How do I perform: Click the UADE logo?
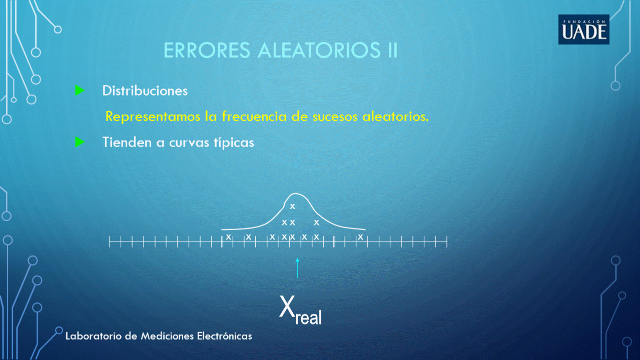pos(584,29)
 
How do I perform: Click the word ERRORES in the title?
pos(207,50)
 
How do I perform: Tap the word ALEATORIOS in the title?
pos(319,50)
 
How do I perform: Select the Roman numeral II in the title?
pos(393,50)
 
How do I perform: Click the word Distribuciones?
pos(145,91)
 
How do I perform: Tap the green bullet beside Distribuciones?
pos(80,90)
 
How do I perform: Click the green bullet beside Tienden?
pos(80,142)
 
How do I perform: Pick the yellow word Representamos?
pos(153,117)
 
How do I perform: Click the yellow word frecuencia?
pos(254,116)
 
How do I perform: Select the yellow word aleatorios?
pos(396,116)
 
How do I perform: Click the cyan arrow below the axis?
pos(297,268)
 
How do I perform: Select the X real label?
pos(300,310)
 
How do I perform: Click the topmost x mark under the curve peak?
pos(292,206)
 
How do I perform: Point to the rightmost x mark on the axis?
pos(361,237)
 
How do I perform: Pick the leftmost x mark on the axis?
pos(228,237)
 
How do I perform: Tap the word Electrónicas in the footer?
pos(224,335)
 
